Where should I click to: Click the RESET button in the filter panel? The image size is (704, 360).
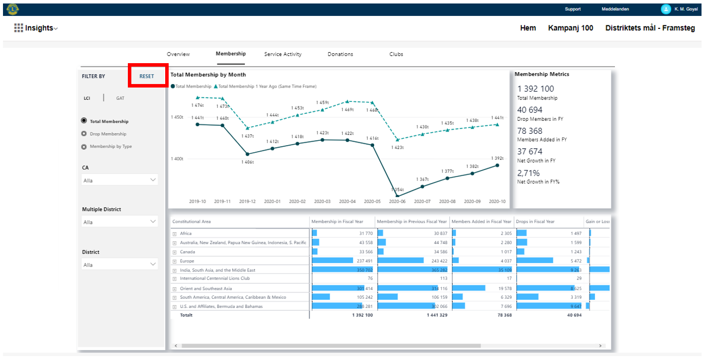click(x=147, y=76)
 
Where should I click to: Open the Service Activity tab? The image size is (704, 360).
click(x=283, y=54)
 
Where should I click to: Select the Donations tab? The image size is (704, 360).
click(x=340, y=54)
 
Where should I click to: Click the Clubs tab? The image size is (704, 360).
click(x=396, y=54)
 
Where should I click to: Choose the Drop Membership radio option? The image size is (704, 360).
click(x=85, y=134)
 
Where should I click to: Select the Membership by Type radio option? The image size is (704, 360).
click(x=85, y=147)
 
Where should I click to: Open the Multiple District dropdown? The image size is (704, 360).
click(x=120, y=222)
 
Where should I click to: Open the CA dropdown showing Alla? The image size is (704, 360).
click(x=120, y=180)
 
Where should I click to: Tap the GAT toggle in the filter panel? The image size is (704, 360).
click(x=120, y=98)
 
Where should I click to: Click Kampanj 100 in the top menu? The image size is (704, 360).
click(x=571, y=28)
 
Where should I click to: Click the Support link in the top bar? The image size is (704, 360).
click(x=573, y=9)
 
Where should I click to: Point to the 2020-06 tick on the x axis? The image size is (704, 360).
click(x=398, y=201)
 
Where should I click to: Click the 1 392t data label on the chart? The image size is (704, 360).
click(x=498, y=158)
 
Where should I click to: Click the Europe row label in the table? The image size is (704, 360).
click(x=187, y=261)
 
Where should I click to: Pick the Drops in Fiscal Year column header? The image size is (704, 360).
click(x=535, y=221)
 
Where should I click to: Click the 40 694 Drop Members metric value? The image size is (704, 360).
click(x=530, y=110)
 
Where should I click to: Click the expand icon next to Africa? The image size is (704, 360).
click(x=175, y=234)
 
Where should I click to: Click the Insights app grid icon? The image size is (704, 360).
click(x=18, y=28)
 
